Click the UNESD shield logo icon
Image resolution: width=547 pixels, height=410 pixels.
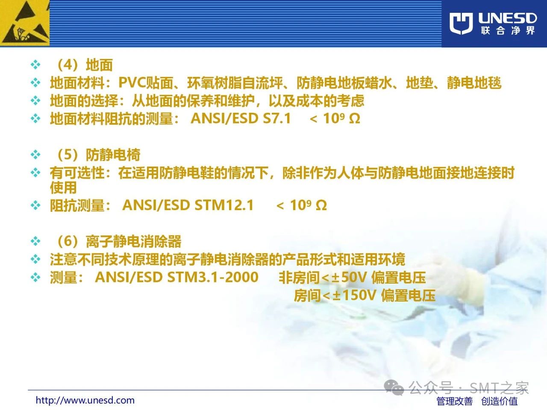tap(461, 23)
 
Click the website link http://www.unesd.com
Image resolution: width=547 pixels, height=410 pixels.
tap(85, 400)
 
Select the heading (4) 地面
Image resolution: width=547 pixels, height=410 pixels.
tap(85, 65)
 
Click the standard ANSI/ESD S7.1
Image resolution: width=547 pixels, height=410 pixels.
tap(241, 118)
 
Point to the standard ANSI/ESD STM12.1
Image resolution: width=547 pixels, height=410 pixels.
tap(188, 205)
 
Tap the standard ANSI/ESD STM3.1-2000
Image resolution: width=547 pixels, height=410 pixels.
tap(176, 277)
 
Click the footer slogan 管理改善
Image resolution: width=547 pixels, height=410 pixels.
tap(455, 401)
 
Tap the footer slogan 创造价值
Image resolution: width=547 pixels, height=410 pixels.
tap(499, 401)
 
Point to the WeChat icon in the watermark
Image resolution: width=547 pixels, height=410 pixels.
tap(394, 387)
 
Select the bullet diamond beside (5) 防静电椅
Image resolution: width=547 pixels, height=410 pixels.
tap(35, 155)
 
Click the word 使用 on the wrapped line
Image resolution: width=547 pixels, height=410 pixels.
tap(63, 187)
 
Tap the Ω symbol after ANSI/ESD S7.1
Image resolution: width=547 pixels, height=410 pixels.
tap(355, 119)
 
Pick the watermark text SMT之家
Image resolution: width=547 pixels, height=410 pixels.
tap(499, 388)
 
